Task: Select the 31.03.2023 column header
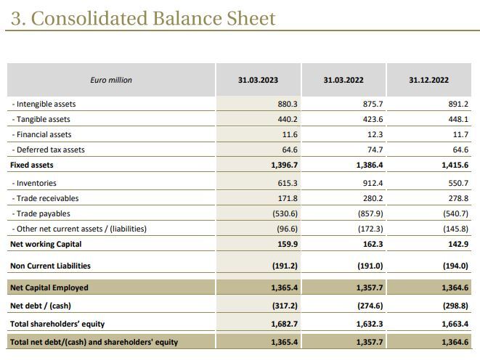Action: point(258,80)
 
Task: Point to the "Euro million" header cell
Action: point(111,80)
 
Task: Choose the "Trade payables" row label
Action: point(42,213)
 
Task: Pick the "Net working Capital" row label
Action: point(46,244)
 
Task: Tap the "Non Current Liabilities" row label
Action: point(50,266)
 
